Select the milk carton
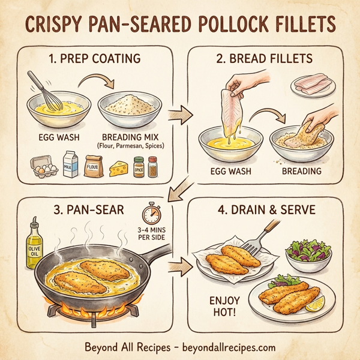click(70, 165)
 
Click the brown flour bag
click(94, 165)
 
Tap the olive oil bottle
click(34, 243)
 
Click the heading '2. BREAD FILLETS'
click(263, 60)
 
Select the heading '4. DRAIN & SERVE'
click(264, 212)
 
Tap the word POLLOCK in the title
click(226, 25)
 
